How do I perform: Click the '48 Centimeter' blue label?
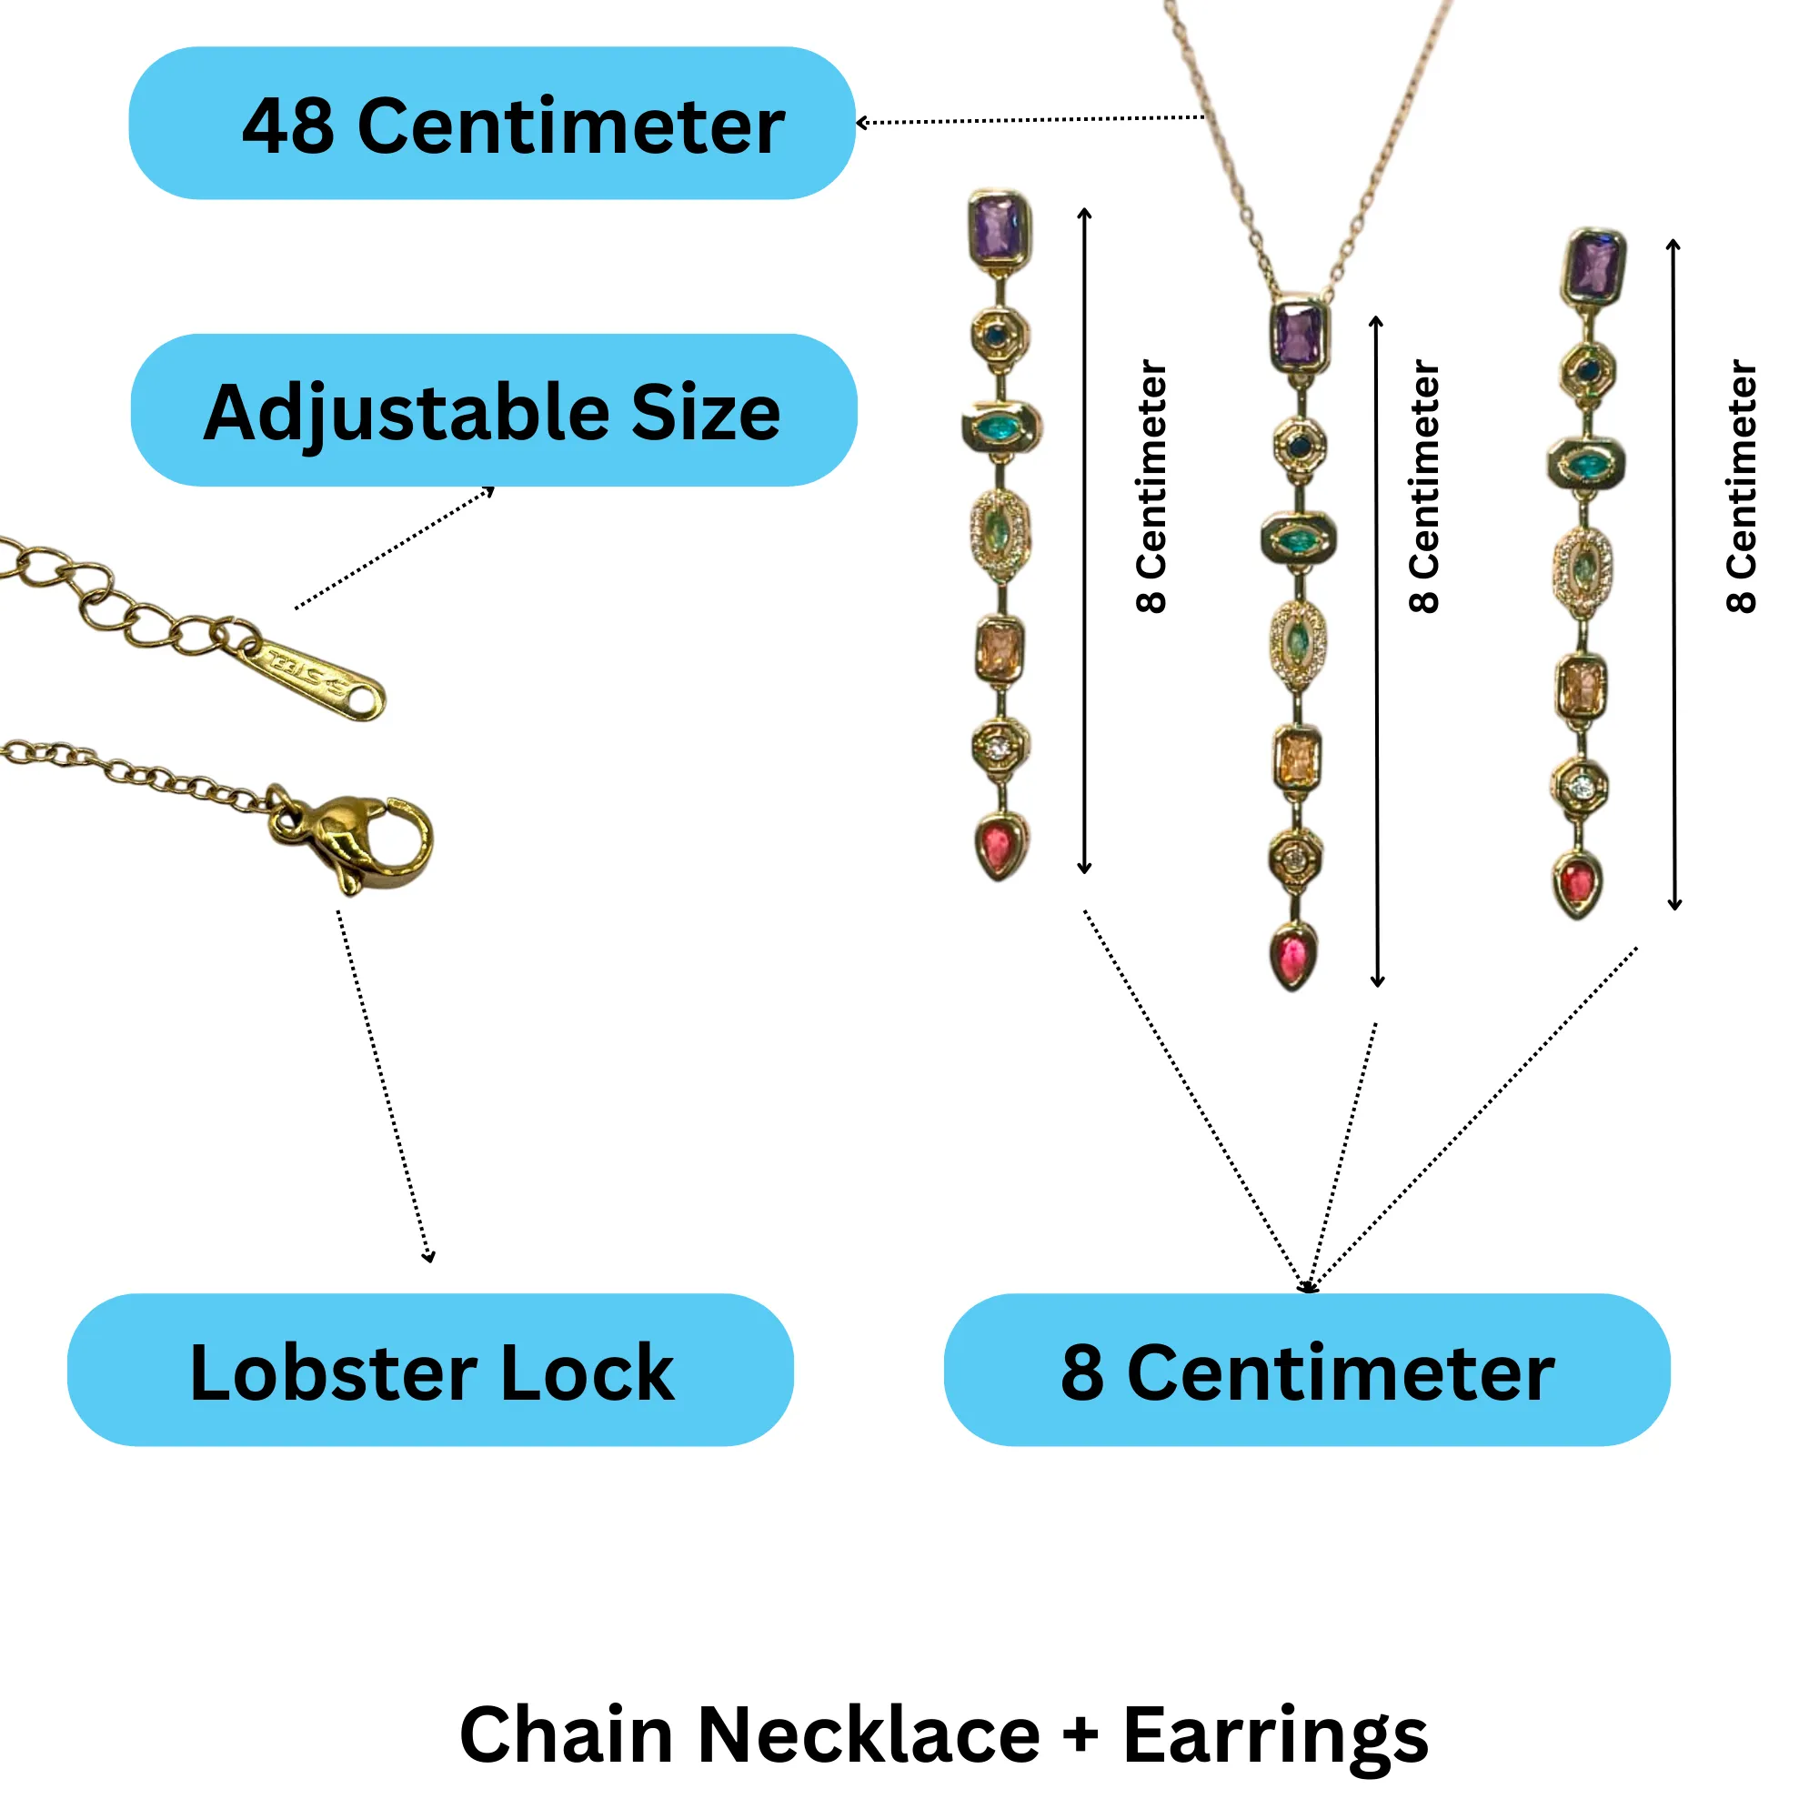coord(491,124)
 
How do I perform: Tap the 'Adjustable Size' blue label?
coord(493,410)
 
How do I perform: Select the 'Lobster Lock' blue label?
coord(431,1372)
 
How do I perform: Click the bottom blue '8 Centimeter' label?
coord(1307,1372)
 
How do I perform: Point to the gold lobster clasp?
coord(357,840)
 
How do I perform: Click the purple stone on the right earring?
coord(1594,266)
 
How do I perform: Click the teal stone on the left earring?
coord(1000,428)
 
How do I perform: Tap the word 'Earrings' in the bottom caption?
coord(1276,1737)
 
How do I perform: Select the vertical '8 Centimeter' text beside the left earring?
coord(1151,486)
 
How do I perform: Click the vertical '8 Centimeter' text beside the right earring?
coord(1741,486)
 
